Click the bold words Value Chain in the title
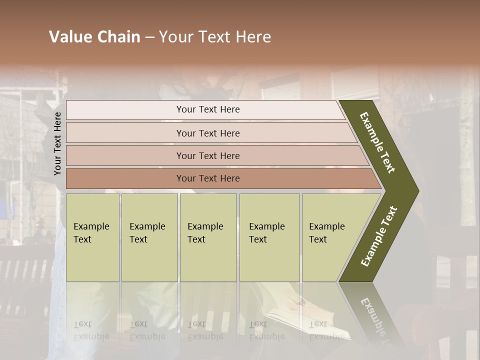94,37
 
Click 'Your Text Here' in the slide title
215,37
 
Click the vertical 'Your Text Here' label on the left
57,143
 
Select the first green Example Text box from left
92,237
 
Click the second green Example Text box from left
149,237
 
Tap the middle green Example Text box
207,237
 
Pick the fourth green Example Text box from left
269,237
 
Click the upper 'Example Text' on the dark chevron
377,142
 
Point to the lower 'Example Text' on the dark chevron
379,236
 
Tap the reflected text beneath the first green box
91,330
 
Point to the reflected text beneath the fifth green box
326,330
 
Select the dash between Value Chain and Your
149,37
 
